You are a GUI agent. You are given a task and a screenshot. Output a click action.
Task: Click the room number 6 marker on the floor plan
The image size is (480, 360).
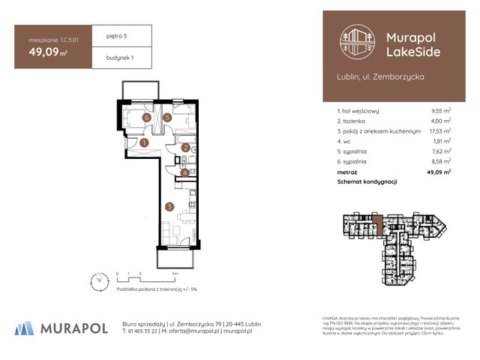(147, 118)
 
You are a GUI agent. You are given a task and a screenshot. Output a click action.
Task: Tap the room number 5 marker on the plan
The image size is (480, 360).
(168, 118)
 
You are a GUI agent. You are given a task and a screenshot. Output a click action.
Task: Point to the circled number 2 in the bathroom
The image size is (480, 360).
(185, 148)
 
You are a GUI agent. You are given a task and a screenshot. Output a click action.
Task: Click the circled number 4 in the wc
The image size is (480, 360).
(184, 172)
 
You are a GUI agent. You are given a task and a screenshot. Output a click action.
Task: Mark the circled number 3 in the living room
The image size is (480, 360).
(170, 206)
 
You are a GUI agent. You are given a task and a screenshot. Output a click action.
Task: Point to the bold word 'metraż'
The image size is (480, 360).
(348, 171)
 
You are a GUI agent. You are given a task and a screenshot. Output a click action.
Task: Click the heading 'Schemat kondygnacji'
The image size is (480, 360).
(367, 181)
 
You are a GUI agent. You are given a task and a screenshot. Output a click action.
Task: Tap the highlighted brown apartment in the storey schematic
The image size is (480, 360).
(379, 223)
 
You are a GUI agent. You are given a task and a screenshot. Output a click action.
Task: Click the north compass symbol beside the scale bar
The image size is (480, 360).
(95, 283)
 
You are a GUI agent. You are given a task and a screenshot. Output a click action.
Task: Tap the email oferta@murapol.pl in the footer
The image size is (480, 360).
(196, 331)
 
